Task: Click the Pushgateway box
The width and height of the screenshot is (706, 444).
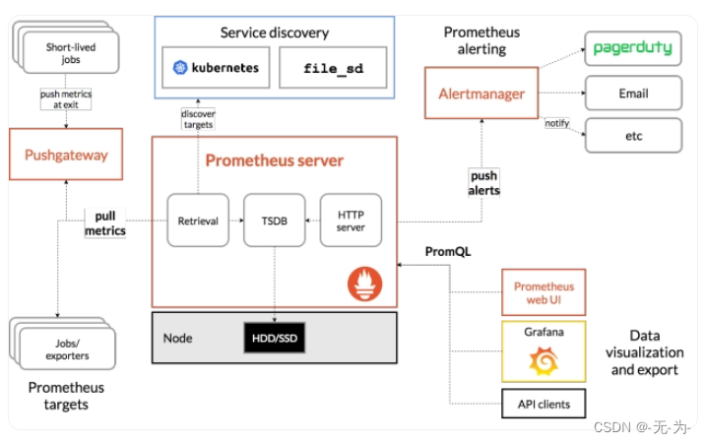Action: [x=66, y=156]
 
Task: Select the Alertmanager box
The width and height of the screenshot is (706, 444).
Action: [x=481, y=95]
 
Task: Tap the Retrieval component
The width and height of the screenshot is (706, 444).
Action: [x=198, y=222]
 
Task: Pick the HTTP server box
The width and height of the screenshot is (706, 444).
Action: [x=351, y=222]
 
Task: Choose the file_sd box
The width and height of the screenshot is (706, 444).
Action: [x=320, y=69]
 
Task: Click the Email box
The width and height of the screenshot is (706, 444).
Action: [x=632, y=94]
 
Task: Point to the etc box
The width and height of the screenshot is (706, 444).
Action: [x=632, y=134]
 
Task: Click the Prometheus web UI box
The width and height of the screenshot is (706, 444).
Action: [x=544, y=292]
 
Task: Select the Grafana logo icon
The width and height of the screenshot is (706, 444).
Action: [x=544, y=362]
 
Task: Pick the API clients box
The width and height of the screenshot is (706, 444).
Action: [x=544, y=404]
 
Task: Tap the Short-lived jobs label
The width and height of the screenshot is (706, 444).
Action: [x=71, y=52]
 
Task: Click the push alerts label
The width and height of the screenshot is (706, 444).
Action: [x=483, y=183]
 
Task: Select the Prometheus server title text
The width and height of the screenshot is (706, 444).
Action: [x=274, y=159]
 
